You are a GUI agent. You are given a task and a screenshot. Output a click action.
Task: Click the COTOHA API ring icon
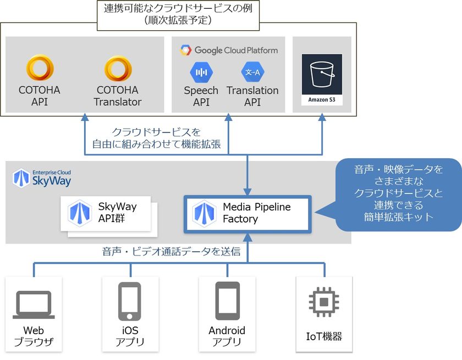40,69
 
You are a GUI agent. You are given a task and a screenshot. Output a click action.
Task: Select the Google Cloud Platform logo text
229,50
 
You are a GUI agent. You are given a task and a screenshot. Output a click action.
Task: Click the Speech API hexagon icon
201,72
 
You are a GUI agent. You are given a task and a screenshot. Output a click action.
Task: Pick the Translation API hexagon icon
253,72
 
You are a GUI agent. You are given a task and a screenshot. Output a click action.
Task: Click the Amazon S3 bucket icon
322,74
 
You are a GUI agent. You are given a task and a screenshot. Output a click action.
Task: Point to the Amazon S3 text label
322,100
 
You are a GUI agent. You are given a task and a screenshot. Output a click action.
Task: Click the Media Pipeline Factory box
247,213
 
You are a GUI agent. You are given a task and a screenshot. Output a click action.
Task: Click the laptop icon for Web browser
34,305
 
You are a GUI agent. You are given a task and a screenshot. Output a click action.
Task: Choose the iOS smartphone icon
130,301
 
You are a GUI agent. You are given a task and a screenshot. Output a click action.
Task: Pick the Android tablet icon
227,301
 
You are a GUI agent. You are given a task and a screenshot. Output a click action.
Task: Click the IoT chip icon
323,302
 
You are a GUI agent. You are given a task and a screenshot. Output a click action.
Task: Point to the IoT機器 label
324,336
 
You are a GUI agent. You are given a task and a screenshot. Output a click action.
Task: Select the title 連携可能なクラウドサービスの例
181,9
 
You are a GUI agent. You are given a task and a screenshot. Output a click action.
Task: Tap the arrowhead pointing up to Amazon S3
322,118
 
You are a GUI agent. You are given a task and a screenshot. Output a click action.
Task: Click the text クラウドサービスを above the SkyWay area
156,132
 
